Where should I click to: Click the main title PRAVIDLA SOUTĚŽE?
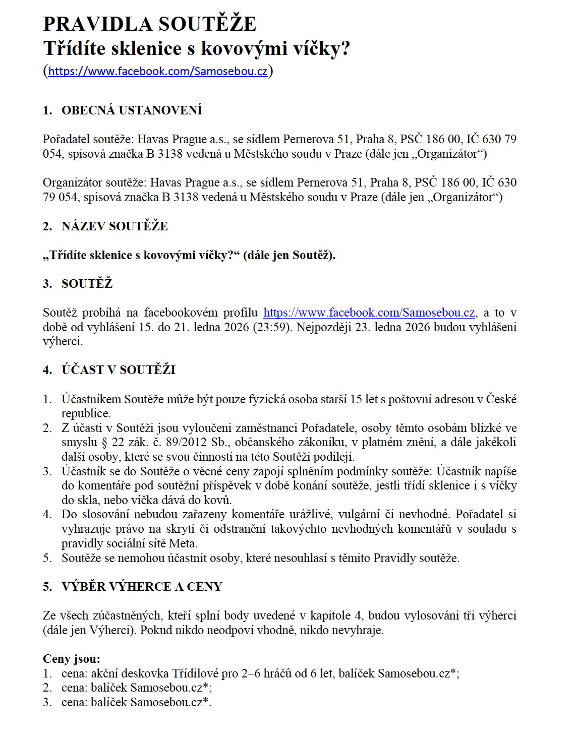click(150, 24)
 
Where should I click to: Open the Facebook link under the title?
click(157, 71)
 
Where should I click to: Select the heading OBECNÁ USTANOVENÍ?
click(132, 110)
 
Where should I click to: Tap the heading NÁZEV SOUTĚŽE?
click(114, 226)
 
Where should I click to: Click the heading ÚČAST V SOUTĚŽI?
click(119, 370)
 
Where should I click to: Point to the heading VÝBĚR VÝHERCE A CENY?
click(142, 587)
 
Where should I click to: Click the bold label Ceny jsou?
click(72, 659)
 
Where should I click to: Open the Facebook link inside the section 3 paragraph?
click(369, 313)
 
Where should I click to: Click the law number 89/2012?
click(184, 442)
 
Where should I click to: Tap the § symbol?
click(104, 442)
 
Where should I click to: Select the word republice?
click(85, 413)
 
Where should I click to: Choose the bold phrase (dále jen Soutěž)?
click(289, 255)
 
